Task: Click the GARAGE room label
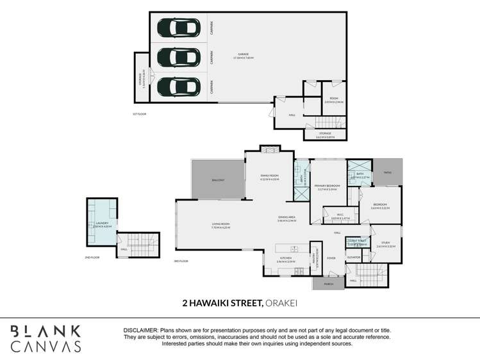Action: point(244,55)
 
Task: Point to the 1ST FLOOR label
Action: point(139,114)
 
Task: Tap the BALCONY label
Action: point(218,180)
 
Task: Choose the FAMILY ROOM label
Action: point(270,176)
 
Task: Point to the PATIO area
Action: point(388,172)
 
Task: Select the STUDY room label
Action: point(385,243)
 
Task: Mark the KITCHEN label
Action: point(285,259)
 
